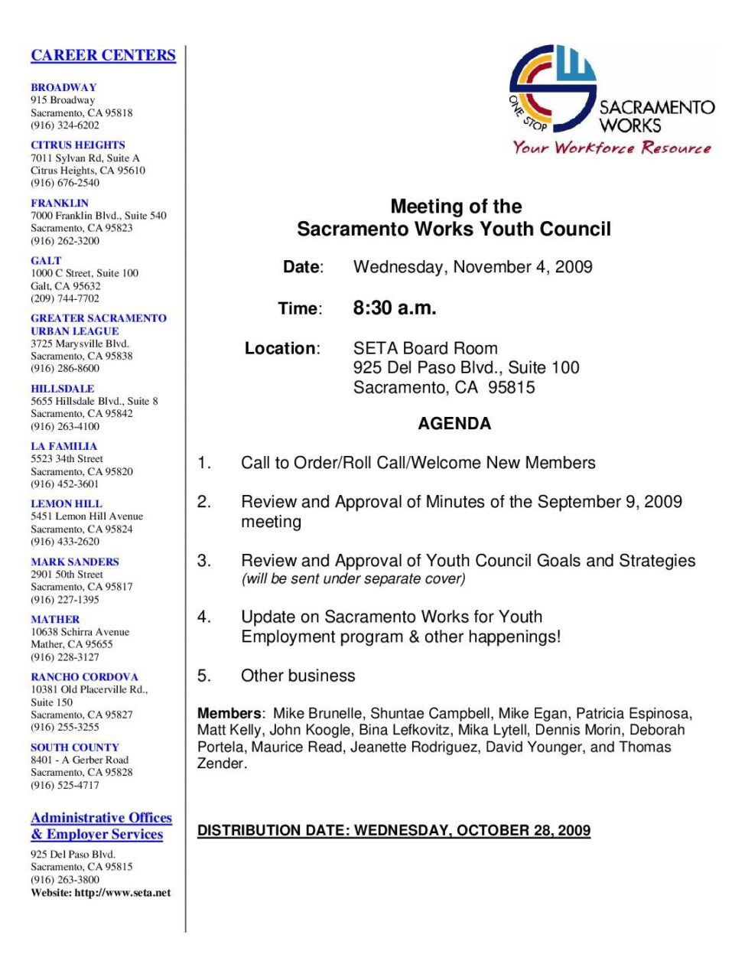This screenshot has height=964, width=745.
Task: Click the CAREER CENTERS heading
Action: coord(103,55)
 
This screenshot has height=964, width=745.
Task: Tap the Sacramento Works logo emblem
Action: coord(552,88)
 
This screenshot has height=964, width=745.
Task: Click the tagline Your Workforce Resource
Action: coord(611,148)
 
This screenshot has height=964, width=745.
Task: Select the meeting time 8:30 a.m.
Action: coord(395,308)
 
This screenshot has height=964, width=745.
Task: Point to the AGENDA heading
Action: coord(454,424)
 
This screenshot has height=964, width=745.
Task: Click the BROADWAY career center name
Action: coord(63,87)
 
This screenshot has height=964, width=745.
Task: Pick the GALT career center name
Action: coord(46,260)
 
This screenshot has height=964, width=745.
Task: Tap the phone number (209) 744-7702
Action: coord(65,298)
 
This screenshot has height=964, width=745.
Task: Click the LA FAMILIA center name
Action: coord(63,446)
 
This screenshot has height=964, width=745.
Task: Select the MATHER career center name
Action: coord(55,619)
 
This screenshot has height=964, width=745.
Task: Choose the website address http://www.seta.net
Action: coord(122,893)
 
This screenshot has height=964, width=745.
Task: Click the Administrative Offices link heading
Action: coord(101,818)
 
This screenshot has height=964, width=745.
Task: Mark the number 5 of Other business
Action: coord(203,676)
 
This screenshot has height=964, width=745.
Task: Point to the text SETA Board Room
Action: coord(425,349)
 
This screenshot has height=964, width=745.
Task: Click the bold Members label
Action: coord(229,713)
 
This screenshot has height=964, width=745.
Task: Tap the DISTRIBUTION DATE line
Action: coord(394,831)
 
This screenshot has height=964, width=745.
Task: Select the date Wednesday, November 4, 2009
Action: coord(473,267)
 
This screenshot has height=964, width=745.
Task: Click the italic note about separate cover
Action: coord(353,579)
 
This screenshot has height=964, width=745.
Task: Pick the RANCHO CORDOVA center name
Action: coord(84,677)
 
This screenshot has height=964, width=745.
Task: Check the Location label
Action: coord(281,349)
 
